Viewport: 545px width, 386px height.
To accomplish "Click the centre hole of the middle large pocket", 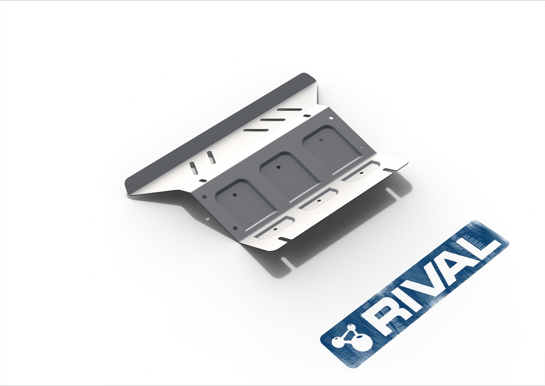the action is (x=278, y=167).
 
